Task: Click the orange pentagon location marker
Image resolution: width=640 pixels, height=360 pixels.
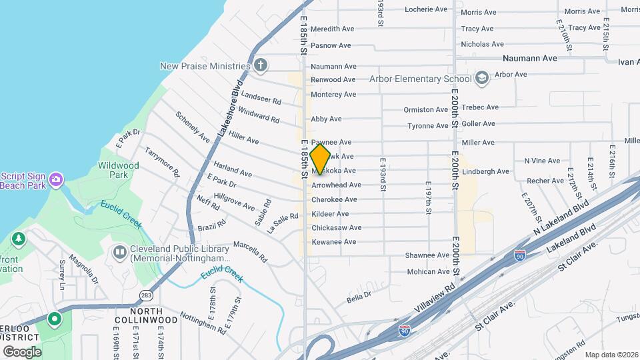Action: point(321,160)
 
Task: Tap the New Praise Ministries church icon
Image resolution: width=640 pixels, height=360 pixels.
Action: point(261,65)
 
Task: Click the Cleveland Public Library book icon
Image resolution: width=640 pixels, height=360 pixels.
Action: point(120,253)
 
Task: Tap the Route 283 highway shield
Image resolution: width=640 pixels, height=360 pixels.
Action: point(147,295)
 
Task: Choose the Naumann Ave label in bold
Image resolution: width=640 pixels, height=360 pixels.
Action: point(529,59)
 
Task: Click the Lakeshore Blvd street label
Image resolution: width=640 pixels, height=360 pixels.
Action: point(229,110)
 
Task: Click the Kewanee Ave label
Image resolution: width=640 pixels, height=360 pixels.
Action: point(333,241)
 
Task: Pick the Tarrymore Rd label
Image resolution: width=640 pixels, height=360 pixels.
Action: point(163,161)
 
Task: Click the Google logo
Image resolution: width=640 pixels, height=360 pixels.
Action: point(22,351)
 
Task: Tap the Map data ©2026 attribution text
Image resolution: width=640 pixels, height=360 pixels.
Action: point(611,355)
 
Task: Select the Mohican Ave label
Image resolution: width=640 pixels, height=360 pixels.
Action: point(429,272)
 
